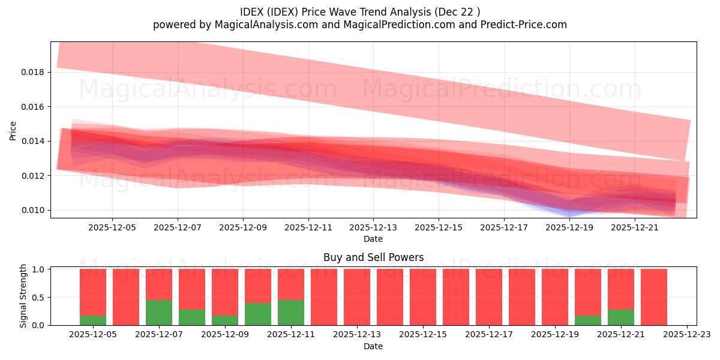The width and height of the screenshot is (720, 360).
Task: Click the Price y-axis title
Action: point(13,130)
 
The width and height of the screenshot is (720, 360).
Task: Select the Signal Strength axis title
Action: point(23,296)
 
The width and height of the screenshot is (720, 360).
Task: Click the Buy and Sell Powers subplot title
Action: point(373,257)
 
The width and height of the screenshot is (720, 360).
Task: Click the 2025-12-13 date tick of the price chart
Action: point(373,227)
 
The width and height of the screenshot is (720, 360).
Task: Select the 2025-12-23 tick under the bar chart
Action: point(686,335)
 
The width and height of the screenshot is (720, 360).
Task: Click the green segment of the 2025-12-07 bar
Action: point(159,312)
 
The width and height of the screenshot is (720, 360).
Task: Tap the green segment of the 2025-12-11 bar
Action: point(291,312)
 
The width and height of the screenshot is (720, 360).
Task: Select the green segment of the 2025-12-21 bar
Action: point(621,317)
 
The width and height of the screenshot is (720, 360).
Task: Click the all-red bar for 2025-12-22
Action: point(654,297)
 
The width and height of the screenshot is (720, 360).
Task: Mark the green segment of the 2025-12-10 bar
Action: point(258,314)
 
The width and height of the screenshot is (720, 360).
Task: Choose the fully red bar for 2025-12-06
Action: point(126,297)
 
